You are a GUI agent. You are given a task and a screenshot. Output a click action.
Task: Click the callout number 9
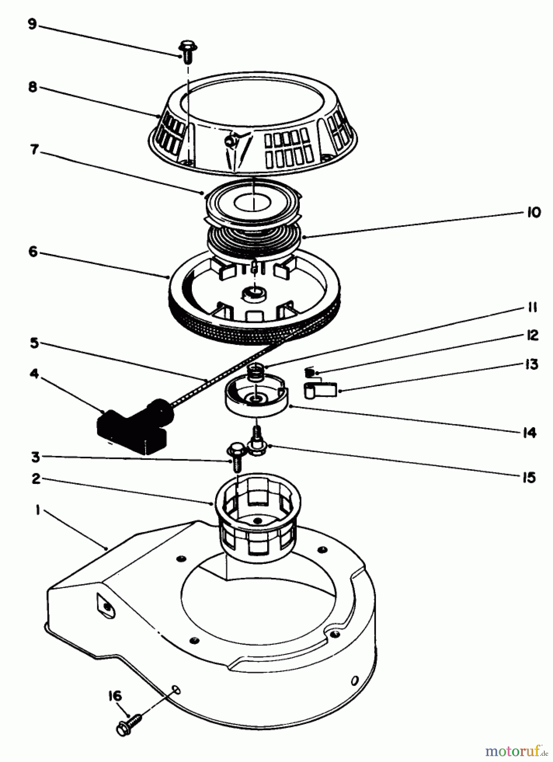coord(32,24)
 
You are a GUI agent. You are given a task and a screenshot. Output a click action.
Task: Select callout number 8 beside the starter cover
coord(33,87)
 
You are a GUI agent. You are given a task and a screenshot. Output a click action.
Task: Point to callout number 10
coord(534,212)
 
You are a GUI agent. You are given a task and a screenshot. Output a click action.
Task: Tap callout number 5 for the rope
coord(34,342)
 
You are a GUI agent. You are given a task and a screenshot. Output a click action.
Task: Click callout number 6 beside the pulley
coord(33,252)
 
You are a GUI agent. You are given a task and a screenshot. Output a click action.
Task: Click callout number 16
coord(114,696)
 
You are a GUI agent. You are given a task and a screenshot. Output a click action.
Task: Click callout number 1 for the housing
coord(38,511)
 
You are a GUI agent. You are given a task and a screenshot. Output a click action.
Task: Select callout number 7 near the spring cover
coord(34,149)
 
